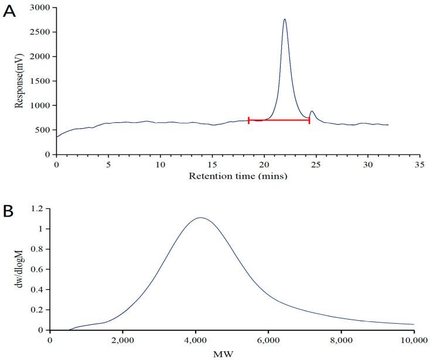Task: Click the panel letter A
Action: [x=9, y=12]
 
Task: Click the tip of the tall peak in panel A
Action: [x=285, y=19]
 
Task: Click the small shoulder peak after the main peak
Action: [x=312, y=111]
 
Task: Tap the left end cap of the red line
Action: [x=249, y=120]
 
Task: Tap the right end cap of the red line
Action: [x=309, y=120]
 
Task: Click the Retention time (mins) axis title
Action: [x=237, y=176]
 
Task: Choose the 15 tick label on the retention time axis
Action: [x=212, y=164]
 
